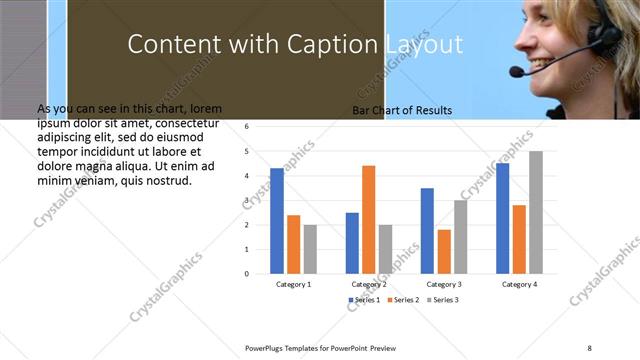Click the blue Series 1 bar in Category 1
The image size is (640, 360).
click(x=277, y=220)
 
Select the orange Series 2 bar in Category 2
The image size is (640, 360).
click(x=368, y=219)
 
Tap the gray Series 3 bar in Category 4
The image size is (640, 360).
click(x=536, y=212)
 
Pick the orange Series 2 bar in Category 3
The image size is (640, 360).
click(x=444, y=251)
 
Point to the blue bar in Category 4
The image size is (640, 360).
click(x=502, y=218)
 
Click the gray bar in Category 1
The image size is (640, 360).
click(x=310, y=248)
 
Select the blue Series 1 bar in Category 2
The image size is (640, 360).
click(x=352, y=242)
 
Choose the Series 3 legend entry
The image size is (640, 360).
click(x=443, y=300)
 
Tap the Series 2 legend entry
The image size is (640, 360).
click(x=404, y=300)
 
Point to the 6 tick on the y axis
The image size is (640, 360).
click(x=246, y=127)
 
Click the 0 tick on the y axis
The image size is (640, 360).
click(x=246, y=273)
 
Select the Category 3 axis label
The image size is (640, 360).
click(x=443, y=284)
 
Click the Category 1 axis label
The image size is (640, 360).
click(x=293, y=284)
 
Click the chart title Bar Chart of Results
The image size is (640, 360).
click(x=402, y=111)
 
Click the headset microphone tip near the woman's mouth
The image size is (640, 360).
click(x=516, y=72)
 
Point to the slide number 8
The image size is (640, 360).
click(x=589, y=347)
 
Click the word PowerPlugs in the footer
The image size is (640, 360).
click(x=268, y=347)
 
